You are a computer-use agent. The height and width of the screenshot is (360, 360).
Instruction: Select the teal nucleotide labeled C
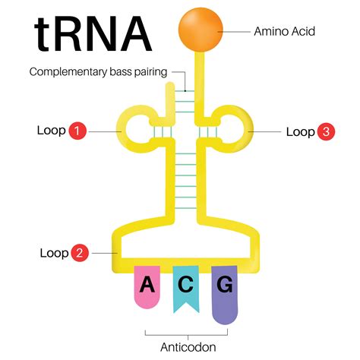pos(186,286)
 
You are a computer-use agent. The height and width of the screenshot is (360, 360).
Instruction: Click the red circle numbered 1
pos(77,131)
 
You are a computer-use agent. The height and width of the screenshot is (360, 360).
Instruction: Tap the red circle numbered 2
pos(79,252)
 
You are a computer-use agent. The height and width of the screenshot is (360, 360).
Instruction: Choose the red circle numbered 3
pos(325,131)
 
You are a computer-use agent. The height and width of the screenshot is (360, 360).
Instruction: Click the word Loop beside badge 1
pos(51,130)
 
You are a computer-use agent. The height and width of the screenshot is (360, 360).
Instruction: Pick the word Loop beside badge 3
pos(300,131)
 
